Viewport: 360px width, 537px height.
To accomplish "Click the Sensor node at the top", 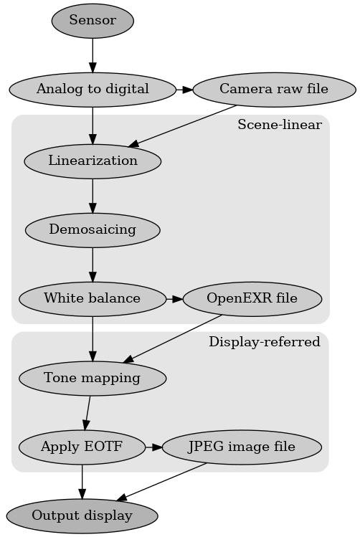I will click(93, 21).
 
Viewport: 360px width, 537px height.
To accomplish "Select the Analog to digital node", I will click(93, 90).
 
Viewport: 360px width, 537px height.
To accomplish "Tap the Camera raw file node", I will click(274, 90).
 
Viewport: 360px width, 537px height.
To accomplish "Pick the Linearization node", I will click(93, 161).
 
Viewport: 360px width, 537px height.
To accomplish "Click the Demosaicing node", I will click(93, 230).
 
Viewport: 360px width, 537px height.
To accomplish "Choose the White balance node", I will click(92, 298).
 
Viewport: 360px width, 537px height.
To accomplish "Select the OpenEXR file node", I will click(252, 298).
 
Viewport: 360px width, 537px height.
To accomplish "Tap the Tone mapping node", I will click(92, 378).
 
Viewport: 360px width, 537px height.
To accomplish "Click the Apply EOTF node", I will click(82, 447).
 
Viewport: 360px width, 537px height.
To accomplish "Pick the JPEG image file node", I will click(241, 447).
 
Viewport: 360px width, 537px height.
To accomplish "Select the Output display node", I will click(82, 515).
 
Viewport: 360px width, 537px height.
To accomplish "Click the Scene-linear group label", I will click(279, 125).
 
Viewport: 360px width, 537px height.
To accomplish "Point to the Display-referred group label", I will click(264, 342).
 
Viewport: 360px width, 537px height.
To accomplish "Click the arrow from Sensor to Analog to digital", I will click(93, 55).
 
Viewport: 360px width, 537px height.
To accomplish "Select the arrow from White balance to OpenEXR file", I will click(174, 298).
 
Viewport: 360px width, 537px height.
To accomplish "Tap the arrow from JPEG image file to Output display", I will click(161, 481).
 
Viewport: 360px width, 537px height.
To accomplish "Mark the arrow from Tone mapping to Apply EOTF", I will click(87, 412).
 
